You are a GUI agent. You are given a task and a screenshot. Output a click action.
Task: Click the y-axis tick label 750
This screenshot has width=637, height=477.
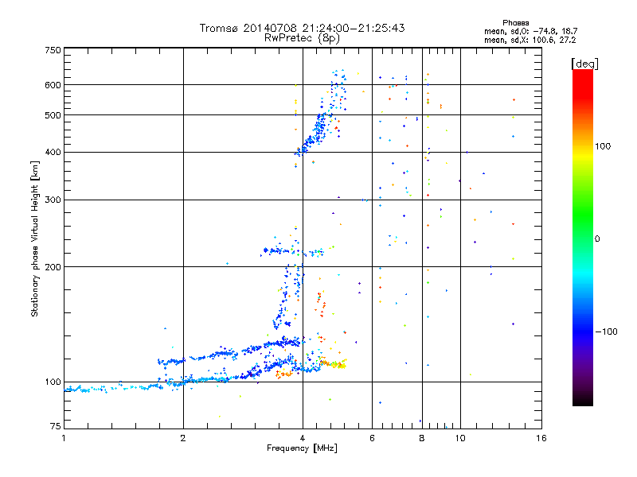click(x=53, y=49)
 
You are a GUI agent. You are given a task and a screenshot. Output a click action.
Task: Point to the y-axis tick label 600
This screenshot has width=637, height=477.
click(x=53, y=85)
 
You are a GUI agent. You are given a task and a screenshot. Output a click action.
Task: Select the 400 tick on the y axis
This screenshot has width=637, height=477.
click(x=53, y=152)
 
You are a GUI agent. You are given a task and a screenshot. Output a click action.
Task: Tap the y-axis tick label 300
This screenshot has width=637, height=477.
click(x=53, y=200)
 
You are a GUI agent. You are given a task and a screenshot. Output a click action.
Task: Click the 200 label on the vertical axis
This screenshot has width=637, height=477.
click(x=53, y=266)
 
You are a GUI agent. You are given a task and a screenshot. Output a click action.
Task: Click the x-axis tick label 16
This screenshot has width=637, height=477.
click(x=540, y=438)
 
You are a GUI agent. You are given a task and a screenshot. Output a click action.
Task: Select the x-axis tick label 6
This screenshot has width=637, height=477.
click(x=372, y=438)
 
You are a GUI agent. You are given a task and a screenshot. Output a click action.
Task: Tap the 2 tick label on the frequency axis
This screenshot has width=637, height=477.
click(x=183, y=438)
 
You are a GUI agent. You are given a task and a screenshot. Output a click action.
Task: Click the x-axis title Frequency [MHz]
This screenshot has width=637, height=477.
click(x=303, y=448)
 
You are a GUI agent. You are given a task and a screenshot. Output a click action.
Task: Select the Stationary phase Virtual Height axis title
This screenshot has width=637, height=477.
click(x=35, y=239)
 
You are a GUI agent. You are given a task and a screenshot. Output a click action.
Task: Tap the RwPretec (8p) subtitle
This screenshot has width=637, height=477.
click(x=303, y=37)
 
